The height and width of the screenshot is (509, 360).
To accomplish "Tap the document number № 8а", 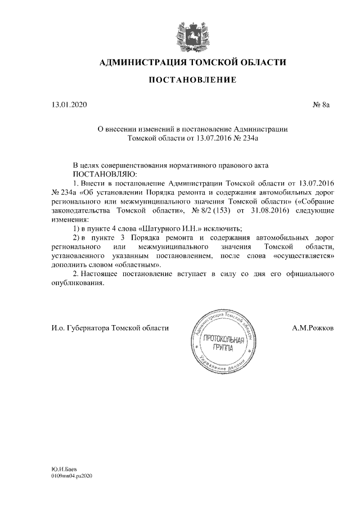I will click(323, 105).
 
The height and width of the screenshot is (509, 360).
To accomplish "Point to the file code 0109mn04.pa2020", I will click(71, 476).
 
